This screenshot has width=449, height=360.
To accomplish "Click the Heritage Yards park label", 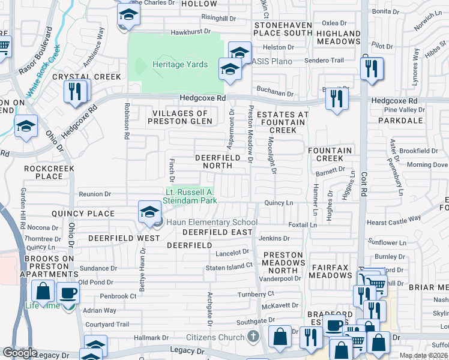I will [x=179, y=65].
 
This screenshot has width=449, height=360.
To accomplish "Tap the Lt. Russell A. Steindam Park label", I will [x=190, y=196].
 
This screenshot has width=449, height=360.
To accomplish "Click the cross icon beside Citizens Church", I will [x=253, y=337].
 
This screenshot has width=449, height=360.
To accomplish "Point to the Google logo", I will [x=20, y=353].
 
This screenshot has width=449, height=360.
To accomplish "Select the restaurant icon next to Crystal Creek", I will [x=75, y=92].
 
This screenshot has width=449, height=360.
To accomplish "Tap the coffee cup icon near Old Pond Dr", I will [x=67, y=293].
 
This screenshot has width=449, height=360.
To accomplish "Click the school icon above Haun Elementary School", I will [x=149, y=211].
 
